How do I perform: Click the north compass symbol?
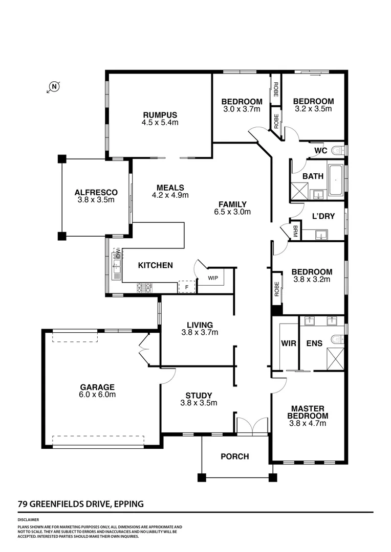click(54, 87)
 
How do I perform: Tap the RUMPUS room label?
click(160, 115)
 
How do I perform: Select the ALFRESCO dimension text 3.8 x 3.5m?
click(96, 200)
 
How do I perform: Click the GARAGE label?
click(97, 387)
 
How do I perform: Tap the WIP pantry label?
click(212, 278)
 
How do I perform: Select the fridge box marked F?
click(187, 287)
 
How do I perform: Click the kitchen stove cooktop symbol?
click(144, 288)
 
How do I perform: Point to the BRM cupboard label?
click(295, 233)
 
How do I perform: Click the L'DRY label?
click(323, 216)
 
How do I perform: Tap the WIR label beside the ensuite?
click(288, 343)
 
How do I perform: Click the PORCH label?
click(234, 456)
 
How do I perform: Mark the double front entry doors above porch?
click(252, 426)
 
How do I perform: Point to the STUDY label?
click(199, 395)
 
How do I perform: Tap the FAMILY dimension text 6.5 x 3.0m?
click(232, 212)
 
